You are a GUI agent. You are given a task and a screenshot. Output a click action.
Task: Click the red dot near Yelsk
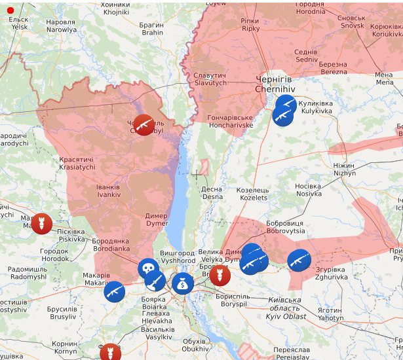tap(10, 10)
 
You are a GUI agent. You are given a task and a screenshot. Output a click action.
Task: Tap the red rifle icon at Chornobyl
tap(144, 124)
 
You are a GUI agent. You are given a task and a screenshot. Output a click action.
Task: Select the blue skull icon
tap(148, 268)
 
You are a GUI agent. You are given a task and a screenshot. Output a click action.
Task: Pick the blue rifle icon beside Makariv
tap(114, 291)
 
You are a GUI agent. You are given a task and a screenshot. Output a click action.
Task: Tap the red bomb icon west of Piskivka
tap(41, 223)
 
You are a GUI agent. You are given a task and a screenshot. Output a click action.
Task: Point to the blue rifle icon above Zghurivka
tap(299, 261)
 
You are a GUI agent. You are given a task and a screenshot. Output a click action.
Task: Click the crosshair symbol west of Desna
tap(195, 175)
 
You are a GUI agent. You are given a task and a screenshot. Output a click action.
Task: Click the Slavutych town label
tap(210, 80)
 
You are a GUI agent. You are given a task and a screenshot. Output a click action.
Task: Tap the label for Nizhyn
tap(344, 170)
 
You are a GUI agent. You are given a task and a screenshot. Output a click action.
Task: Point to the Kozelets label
tap(254, 194)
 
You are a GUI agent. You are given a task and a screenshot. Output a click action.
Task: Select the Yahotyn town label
tap(330, 314)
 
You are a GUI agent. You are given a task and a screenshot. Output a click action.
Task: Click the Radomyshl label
tap(28, 273)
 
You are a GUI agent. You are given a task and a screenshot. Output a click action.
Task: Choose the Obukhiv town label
tap(195, 345)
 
